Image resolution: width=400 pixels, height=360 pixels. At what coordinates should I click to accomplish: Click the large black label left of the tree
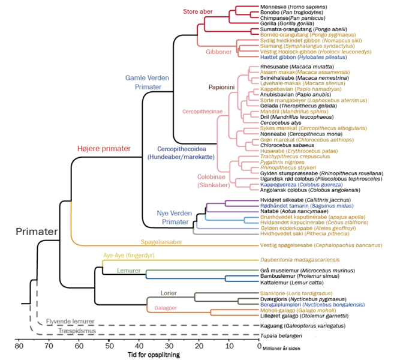click(36, 231)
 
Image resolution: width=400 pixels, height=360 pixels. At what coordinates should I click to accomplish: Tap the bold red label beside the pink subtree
click(104, 148)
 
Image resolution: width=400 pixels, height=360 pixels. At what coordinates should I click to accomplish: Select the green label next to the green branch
click(129, 271)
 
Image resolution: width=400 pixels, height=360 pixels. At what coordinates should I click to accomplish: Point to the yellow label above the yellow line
click(128, 256)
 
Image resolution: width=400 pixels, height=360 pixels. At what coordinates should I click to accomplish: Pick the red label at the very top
click(198, 11)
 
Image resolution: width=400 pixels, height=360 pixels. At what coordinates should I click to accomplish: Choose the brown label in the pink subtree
click(221, 87)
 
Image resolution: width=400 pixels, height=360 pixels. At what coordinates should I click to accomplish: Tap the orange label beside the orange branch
click(166, 308)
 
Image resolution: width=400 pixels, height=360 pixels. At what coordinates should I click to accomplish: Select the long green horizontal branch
click(204, 271)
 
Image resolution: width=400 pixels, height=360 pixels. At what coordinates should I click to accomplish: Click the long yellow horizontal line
click(180, 260)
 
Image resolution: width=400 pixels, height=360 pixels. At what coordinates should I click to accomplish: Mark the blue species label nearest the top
click(303, 57)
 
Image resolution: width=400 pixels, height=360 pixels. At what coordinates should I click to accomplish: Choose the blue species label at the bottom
click(312, 305)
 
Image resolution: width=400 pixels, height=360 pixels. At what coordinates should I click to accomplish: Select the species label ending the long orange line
click(321, 245)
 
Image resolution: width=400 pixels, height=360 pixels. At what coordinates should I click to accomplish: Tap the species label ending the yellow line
click(300, 260)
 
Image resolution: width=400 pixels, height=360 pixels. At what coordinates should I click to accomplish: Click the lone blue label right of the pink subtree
click(301, 184)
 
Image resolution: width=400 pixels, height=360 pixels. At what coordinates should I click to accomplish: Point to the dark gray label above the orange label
click(168, 294)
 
